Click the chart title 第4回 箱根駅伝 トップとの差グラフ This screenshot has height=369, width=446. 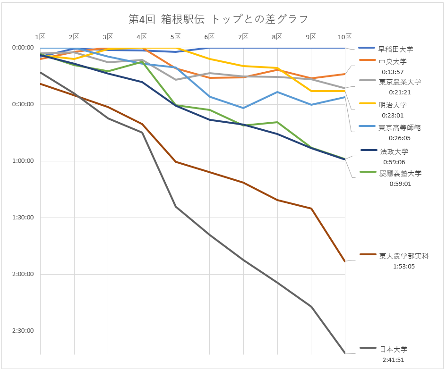[218, 19]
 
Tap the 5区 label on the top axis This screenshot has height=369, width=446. [175, 37]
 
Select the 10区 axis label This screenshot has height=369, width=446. [344, 37]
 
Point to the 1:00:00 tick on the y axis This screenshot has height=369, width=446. [23, 161]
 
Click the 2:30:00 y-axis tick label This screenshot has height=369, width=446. [23, 331]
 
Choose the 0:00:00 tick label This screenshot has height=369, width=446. [23, 48]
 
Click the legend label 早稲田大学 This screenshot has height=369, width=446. [395, 50]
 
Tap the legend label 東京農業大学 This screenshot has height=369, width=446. [400, 82]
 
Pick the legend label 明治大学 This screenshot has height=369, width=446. [393, 105]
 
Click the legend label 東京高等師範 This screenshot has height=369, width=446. [399, 128]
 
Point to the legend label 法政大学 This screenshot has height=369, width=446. [394, 151]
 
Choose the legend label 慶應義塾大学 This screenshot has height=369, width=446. [400, 174]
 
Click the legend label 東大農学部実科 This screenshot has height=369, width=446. [404, 256]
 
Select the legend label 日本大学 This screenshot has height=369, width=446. [394, 349]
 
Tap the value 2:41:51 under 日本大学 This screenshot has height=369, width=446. [393, 360]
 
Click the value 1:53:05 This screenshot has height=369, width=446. [404, 267]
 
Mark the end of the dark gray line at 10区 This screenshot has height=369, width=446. [345, 353]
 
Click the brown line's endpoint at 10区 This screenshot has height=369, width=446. [345, 261]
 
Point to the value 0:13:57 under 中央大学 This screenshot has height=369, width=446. [393, 72]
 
